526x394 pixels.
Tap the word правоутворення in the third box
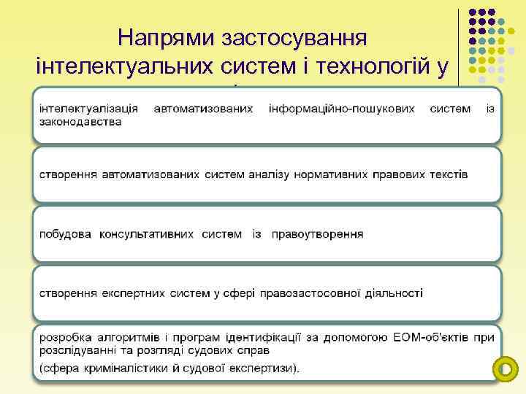317,234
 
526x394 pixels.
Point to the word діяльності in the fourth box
392,293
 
